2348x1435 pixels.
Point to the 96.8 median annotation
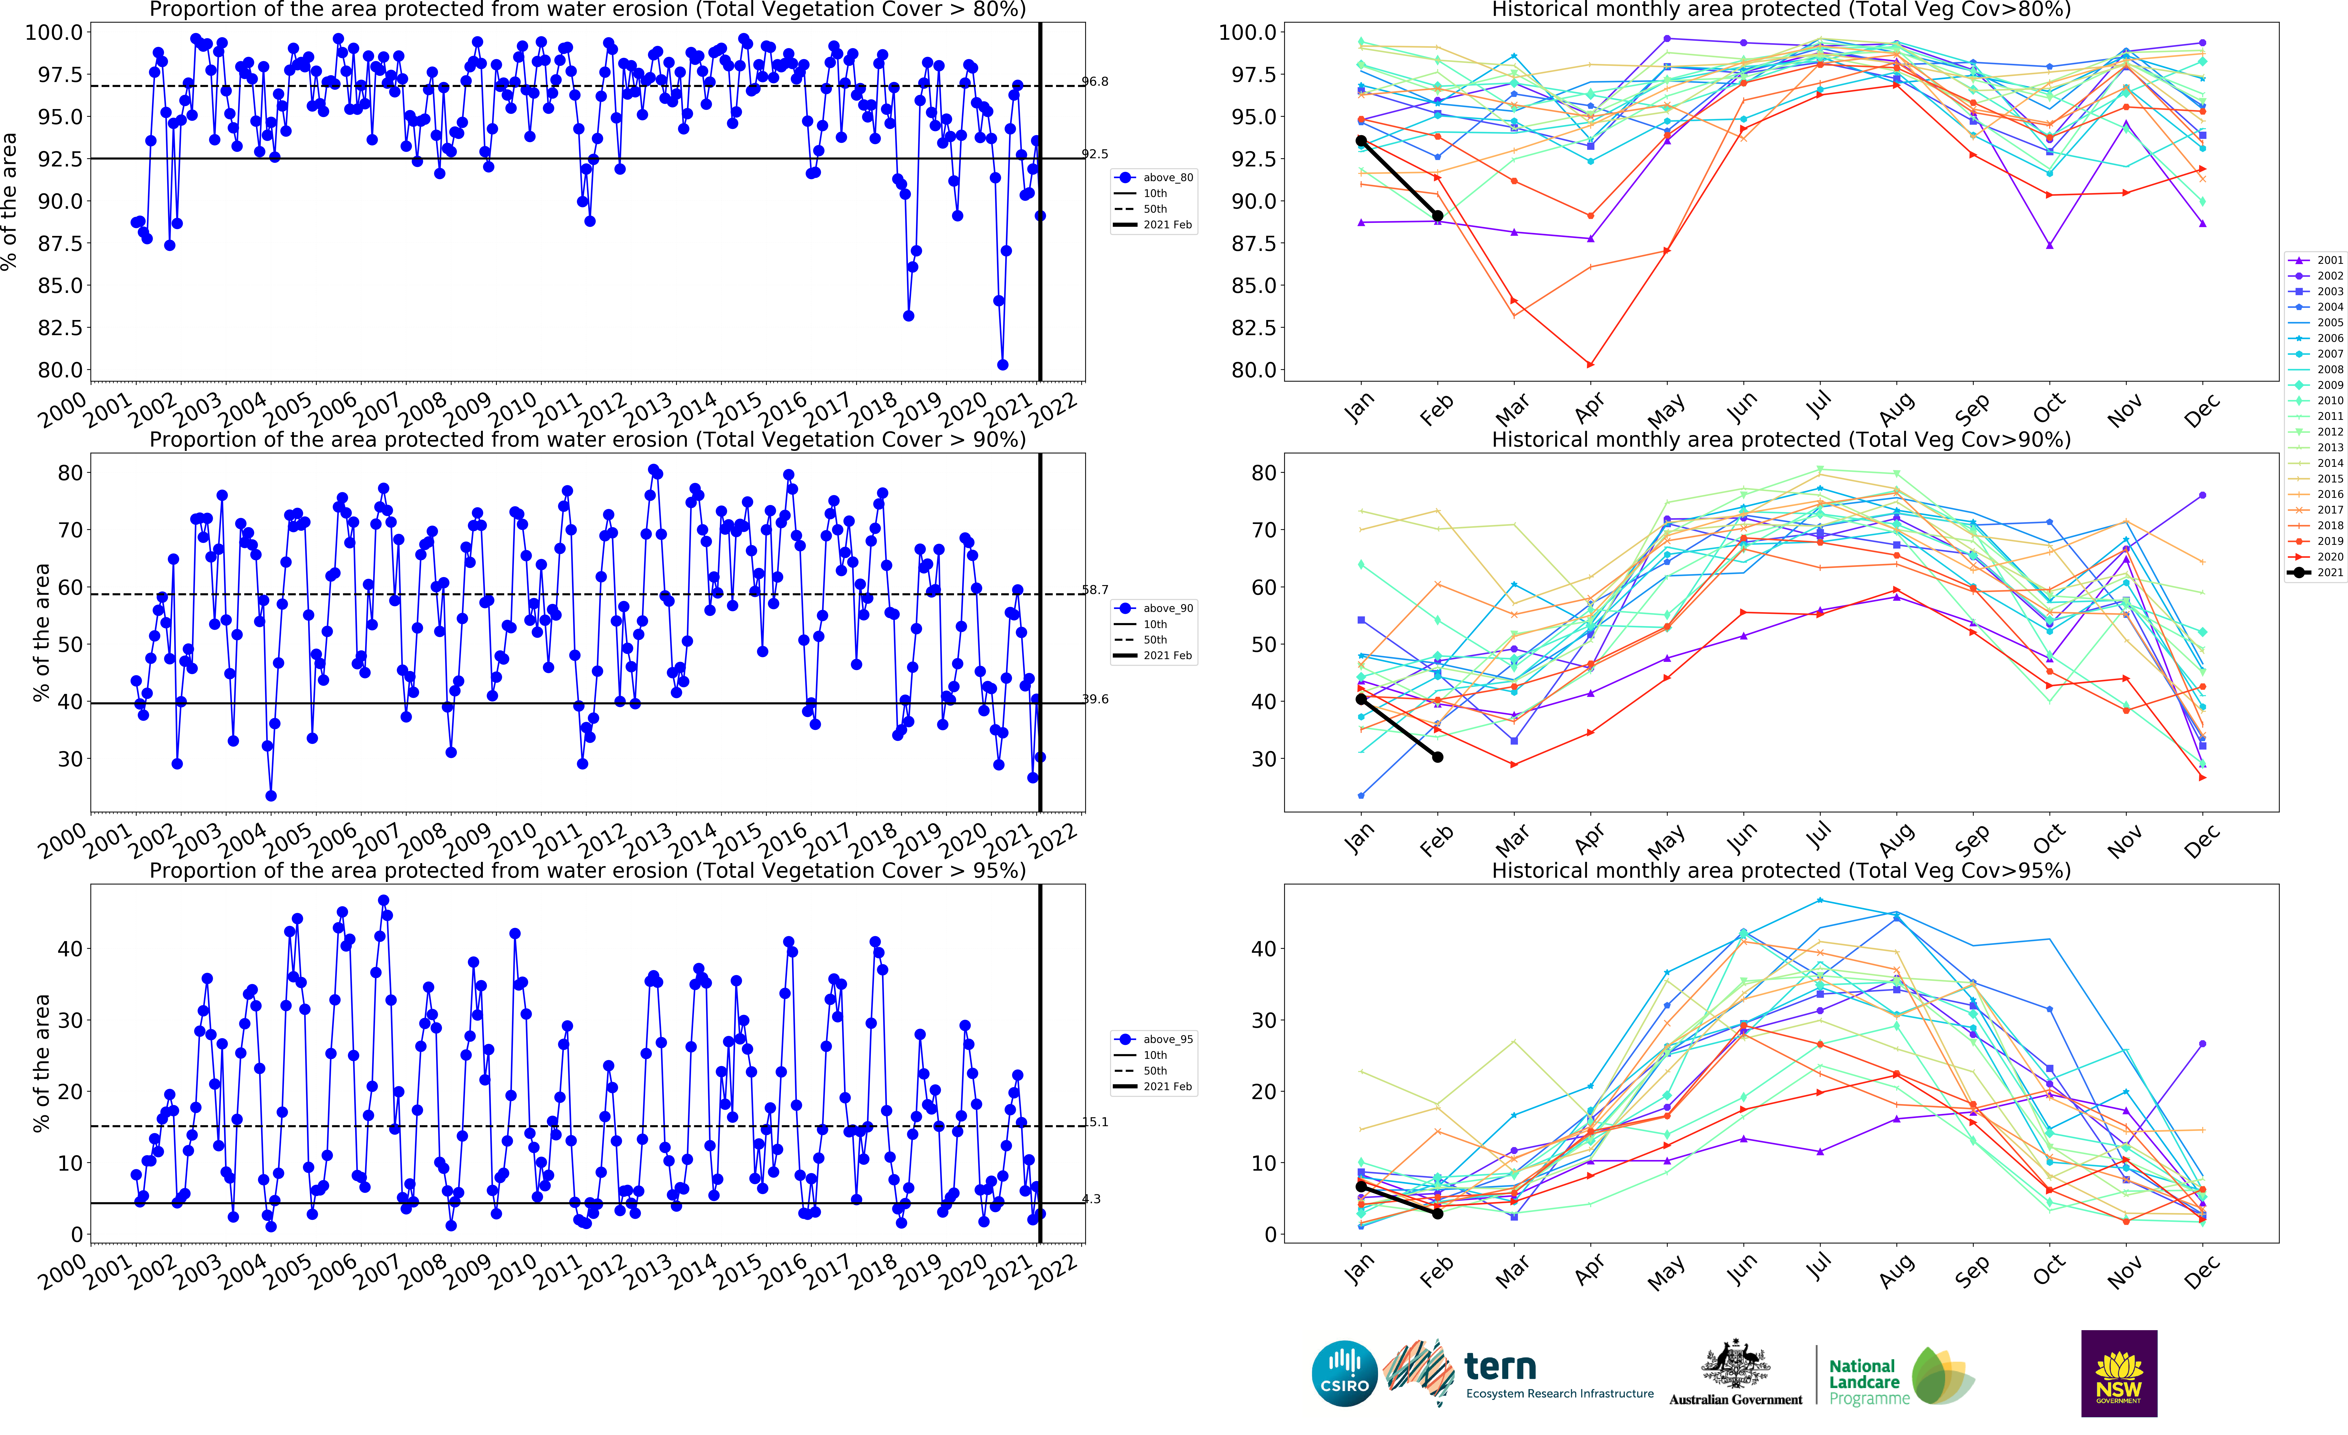tap(1095, 82)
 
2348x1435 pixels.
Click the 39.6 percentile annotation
tap(1095, 699)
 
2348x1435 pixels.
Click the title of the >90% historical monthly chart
tap(1780, 439)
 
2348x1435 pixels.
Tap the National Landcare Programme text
tap(1868, 1382)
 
